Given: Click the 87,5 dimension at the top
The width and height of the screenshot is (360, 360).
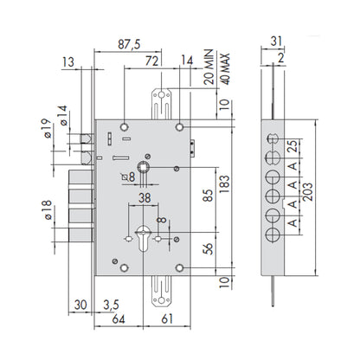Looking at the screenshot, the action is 129,44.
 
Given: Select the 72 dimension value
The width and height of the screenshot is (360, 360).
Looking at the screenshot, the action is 152,61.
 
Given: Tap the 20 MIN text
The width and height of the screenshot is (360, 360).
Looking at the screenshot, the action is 209,67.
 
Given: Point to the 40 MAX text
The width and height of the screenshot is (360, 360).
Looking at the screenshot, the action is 225,69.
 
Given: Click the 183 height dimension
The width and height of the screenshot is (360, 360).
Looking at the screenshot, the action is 225,184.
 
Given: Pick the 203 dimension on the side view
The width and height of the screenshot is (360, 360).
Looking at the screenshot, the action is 308,191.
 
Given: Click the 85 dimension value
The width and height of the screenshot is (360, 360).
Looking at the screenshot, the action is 209,196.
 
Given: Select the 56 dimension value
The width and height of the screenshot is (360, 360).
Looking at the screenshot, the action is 209,248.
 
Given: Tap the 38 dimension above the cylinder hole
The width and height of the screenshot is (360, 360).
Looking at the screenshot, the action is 145,198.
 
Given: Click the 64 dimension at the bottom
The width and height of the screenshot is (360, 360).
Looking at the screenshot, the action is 119,319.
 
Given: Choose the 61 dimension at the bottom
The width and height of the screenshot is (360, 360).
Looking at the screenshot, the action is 167,319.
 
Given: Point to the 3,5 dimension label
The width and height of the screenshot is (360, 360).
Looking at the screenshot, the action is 112,305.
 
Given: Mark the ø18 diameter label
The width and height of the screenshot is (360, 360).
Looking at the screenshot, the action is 47,210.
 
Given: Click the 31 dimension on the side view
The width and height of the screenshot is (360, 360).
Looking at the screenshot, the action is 276,41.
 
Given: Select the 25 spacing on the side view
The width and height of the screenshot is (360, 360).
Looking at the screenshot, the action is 292,146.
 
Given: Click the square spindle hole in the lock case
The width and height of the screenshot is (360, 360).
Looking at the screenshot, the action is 143,167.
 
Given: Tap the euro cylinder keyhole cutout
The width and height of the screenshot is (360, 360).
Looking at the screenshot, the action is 143,238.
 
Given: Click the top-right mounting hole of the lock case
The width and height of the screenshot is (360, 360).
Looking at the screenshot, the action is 180,127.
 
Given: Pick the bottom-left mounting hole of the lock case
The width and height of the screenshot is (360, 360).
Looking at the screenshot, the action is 125,268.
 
